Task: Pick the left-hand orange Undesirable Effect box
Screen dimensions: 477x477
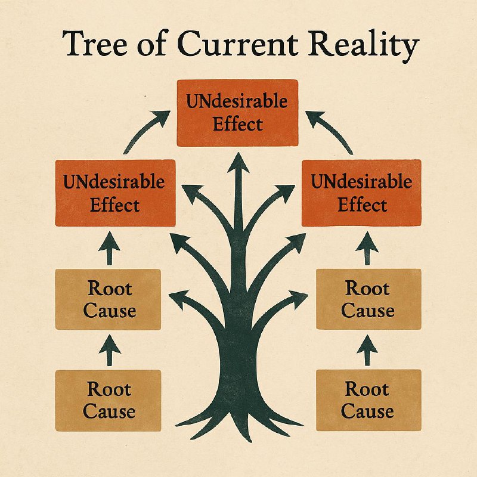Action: [x=115, y=193]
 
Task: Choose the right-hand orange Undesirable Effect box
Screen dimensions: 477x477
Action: [x=361, y=193]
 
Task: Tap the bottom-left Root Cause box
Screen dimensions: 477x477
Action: [x=108, y=400]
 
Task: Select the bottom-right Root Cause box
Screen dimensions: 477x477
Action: [x=368, y=400]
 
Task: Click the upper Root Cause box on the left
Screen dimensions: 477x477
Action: [x=108, y=299]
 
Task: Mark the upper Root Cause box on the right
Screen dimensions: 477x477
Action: [x=368, y=299]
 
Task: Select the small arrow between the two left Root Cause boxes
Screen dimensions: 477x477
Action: [x=108, y=350]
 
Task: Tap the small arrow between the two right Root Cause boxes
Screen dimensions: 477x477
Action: [x=368, y=350]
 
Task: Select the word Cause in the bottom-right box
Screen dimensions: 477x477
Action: [x=367, y=411]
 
